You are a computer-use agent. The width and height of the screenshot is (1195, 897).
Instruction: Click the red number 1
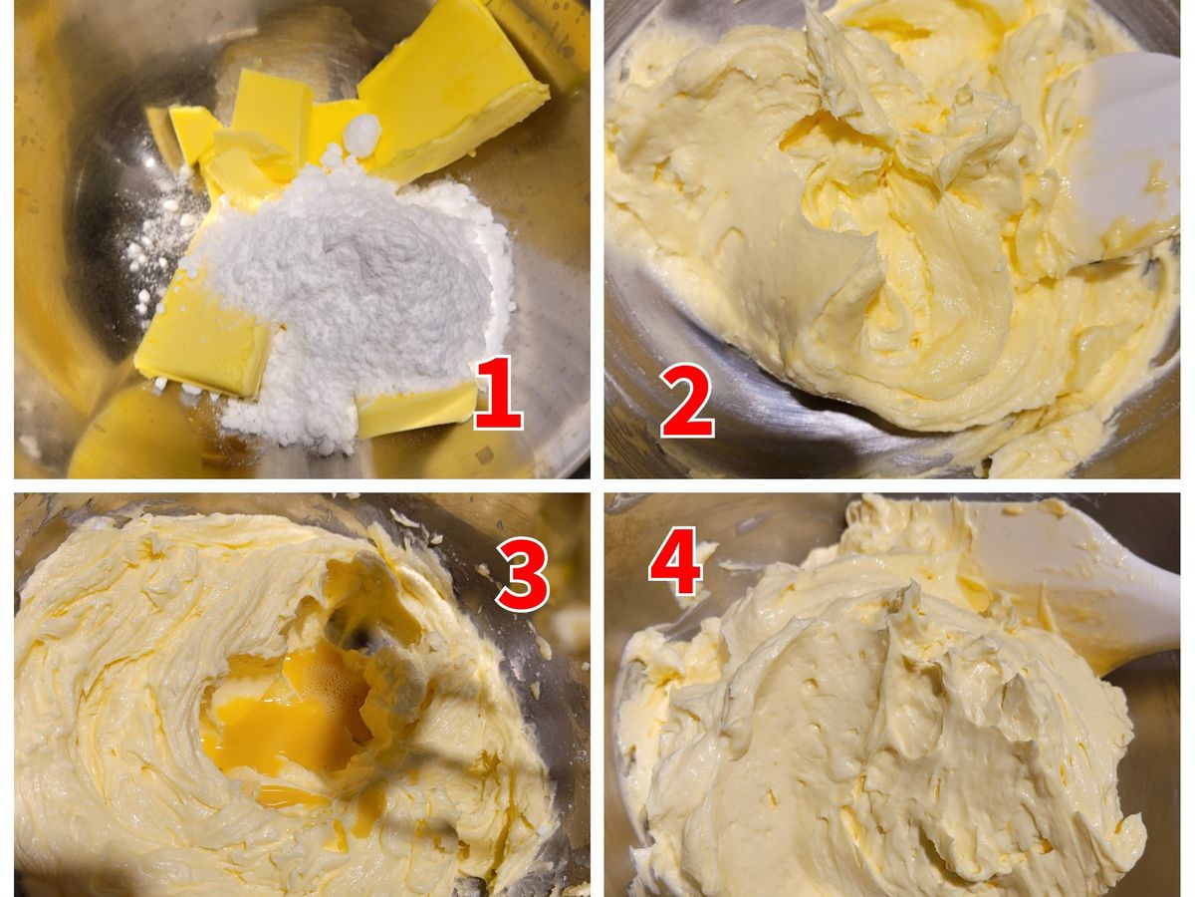click(x=498, y=393)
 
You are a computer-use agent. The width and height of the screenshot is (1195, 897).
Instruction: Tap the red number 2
click(x=686, y=401)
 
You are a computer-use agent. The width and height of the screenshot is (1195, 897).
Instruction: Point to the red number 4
click(x=675, y=560)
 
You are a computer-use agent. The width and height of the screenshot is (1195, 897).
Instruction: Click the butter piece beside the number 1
click(x=416, y=409)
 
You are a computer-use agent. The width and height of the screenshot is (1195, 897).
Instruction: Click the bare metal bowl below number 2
click(x=762, y=436)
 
